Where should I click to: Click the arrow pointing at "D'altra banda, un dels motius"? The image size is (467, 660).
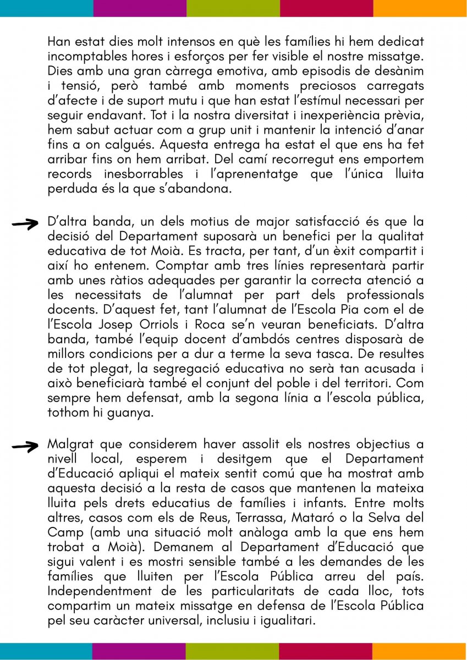[25, 223]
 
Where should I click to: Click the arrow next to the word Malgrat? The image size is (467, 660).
[25, 446]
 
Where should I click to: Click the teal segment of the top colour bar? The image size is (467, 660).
[46, 8]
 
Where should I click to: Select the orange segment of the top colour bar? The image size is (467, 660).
[420, 8]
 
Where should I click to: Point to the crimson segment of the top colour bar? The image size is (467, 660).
[327, 8]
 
